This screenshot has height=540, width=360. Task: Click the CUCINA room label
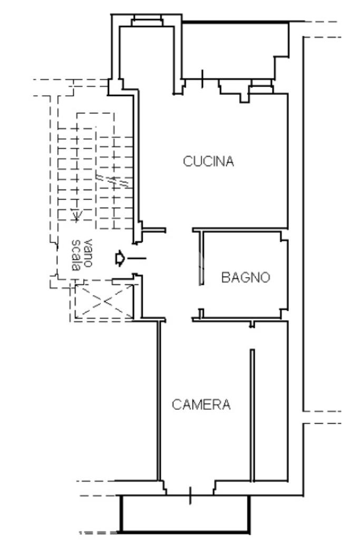coord(208,161)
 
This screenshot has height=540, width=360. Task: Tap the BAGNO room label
coord(245,277)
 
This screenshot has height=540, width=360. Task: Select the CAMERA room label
coord(201,404)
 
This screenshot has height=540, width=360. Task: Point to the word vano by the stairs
coord(88,253)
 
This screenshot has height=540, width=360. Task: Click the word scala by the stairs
coord(76,255)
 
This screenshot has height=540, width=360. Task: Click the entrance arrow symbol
coord(120,258)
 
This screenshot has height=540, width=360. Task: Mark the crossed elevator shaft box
coord(104,302)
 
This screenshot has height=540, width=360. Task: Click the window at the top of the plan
coord(148,21)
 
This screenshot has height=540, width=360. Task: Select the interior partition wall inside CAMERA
coord(252,415)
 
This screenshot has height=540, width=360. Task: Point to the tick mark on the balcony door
coord(190,495)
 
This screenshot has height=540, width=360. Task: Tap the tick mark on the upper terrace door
coord(202,79)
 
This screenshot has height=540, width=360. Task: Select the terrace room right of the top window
coord(234,50)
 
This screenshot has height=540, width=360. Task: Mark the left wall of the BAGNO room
coord(201,258)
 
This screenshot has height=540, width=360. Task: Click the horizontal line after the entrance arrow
coord(137,258)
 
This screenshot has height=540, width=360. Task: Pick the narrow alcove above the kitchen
coord(146,58)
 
